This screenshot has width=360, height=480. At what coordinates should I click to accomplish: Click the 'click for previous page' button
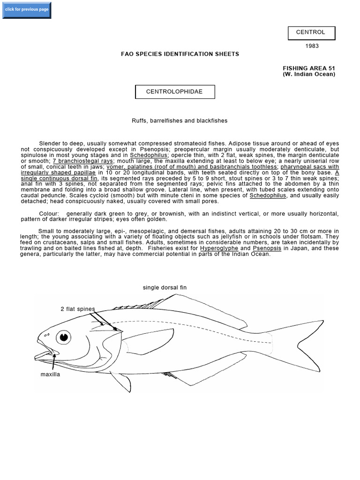26,10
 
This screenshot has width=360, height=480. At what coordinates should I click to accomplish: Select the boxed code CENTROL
311,33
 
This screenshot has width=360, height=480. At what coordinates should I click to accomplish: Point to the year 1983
311,46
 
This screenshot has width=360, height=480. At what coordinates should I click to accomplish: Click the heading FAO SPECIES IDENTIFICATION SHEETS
180,54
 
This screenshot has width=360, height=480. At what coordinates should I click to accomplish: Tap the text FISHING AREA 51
309,68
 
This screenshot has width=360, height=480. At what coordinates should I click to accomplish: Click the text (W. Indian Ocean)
309,74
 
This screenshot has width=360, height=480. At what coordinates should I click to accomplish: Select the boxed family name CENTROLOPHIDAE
175,92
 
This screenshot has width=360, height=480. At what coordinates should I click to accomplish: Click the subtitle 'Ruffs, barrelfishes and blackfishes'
180,120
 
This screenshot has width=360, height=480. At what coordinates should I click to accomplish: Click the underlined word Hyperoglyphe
219,248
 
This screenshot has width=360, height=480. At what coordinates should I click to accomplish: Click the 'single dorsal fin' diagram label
165,287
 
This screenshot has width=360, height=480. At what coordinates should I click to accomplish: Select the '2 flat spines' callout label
77,309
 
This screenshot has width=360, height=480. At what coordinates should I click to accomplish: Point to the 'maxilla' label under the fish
50,375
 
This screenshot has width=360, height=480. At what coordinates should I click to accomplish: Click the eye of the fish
63,337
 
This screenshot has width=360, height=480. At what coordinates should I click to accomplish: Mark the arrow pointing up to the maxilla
54,362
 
